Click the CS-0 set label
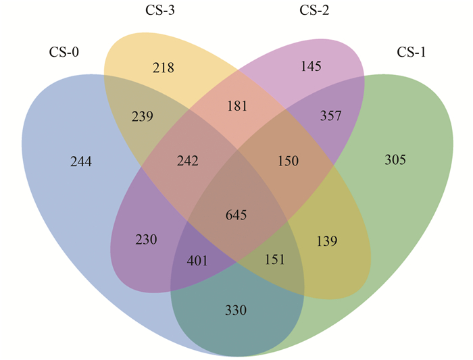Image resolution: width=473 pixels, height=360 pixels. coord(64,52)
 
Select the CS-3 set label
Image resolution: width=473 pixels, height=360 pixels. coord(160,10)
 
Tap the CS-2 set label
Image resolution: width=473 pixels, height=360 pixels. coord(314,10)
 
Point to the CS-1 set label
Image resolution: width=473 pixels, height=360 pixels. coord(411,52)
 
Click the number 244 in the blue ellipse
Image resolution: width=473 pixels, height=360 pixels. coord(81,161)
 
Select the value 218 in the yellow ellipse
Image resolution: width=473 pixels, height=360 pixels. coord(164,68)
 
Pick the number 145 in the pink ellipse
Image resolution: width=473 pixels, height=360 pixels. coord(311,66)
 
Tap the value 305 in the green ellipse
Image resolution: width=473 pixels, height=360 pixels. coord(395,159)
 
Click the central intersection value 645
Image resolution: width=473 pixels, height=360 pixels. coord(236,215)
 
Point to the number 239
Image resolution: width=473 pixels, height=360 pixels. coord(143,116)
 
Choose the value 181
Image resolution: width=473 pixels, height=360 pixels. coord(237,106)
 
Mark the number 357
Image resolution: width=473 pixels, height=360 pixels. coord(330,115)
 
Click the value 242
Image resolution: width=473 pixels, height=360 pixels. coord(188,161)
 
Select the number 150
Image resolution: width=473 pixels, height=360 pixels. coord(288,161)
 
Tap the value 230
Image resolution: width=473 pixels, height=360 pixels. coord(146,240)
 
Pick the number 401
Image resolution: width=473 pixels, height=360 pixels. coord(197,261)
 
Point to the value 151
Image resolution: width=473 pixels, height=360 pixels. coord(274,259)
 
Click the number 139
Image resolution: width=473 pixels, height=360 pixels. coord(327,241)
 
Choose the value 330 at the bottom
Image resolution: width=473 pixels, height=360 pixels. coord(236,310)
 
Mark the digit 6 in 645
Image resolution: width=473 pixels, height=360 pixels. coord(229,215)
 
